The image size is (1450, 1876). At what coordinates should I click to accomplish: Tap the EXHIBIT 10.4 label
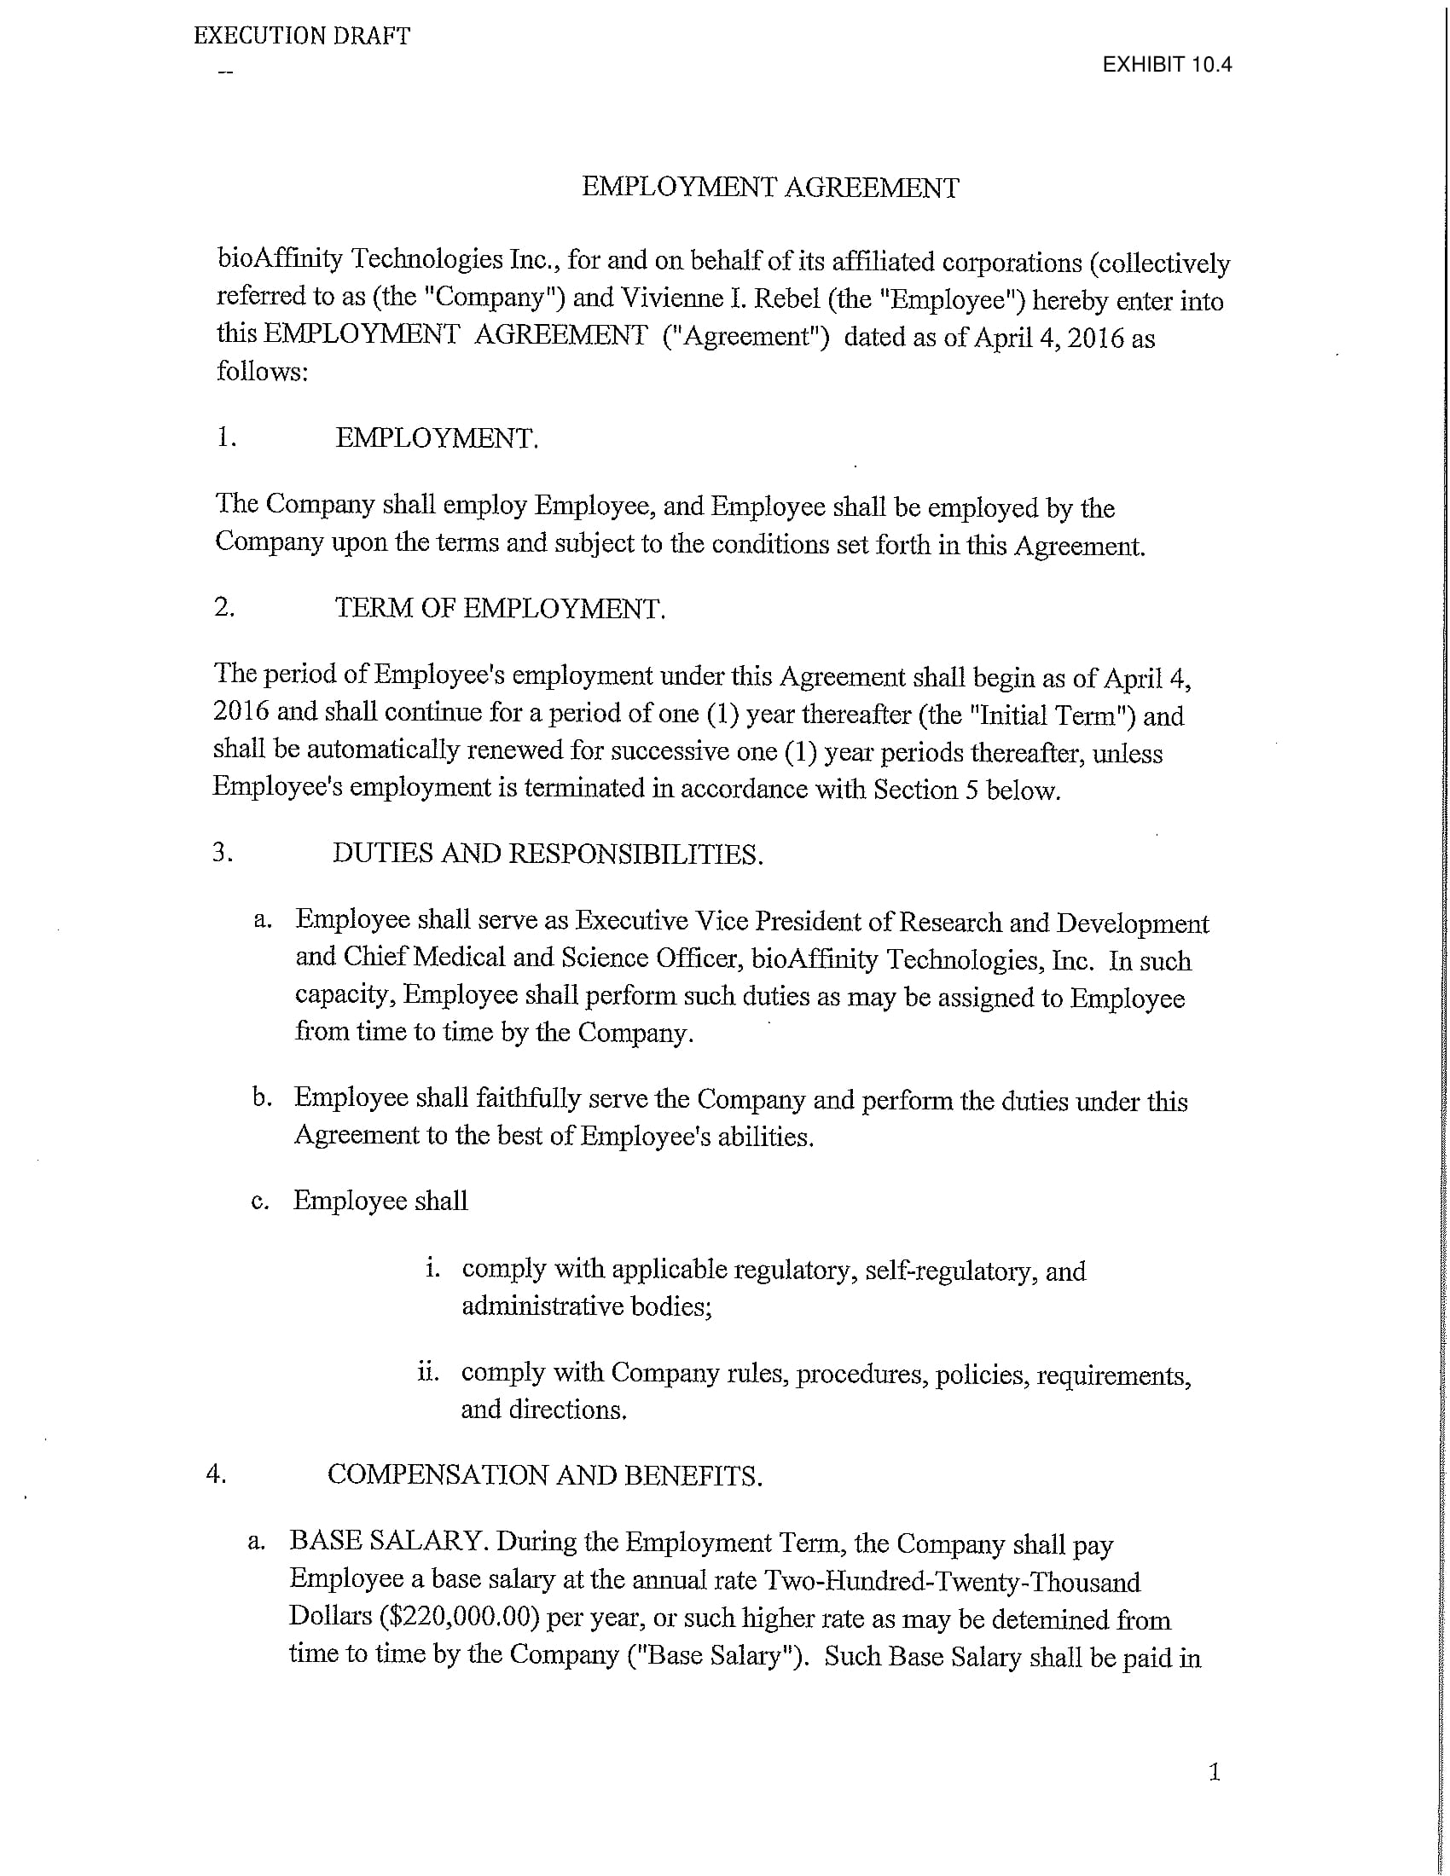[1167, 65]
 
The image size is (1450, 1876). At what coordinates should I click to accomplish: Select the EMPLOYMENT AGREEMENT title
[769, 188]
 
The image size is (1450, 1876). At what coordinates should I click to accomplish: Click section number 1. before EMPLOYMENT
[227, 437]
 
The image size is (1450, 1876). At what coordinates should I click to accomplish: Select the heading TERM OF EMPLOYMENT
[500, 608]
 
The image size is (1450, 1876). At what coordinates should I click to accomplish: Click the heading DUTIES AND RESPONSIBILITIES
[548, 854]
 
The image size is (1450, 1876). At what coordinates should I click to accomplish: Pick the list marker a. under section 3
[263, 920]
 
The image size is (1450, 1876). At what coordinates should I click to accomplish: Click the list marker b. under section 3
[262, 1097]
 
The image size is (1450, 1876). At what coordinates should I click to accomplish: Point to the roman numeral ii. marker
[428, 1372]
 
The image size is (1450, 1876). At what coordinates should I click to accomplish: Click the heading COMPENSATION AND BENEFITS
[545, 1475]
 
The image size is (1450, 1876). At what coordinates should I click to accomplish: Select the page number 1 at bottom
[1214, 1772]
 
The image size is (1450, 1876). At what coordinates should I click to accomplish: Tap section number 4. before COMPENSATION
[216, 1474]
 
